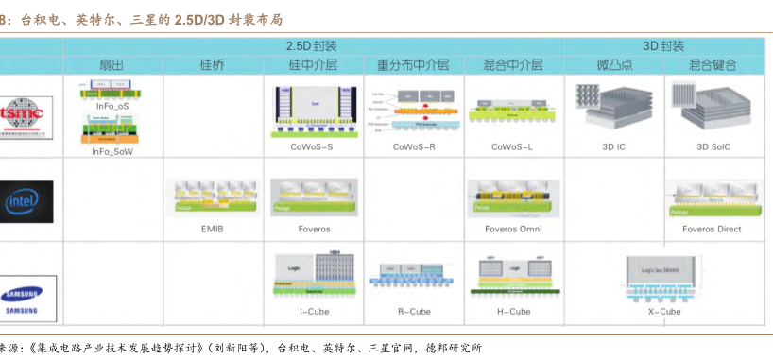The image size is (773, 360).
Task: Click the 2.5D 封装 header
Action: click(312, 46)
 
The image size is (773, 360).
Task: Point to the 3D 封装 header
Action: click(664, 46)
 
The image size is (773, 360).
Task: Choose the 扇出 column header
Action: click(112, 65)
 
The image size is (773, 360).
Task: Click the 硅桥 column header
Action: click(213, 65)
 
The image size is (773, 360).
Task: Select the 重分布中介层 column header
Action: click(413, 65)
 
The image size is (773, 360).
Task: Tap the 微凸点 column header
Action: click(614, 65)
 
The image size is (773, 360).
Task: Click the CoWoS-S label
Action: click(312, 147)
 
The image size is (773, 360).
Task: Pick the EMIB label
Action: click(214, 229)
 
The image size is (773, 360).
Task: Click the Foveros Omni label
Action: click(513, 229)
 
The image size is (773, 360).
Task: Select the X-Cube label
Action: click(663, 311)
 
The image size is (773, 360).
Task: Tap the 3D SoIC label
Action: click(713, 147)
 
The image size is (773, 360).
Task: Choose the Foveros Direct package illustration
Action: click(713, 199)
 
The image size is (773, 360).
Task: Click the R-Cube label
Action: click(413, 311)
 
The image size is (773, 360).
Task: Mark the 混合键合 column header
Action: click(713, 65)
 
